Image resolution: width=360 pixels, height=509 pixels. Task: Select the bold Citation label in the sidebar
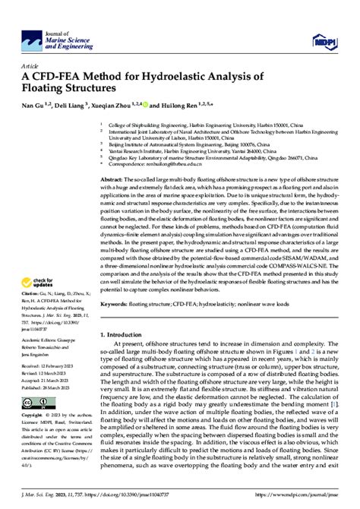(x=32, y=292)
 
